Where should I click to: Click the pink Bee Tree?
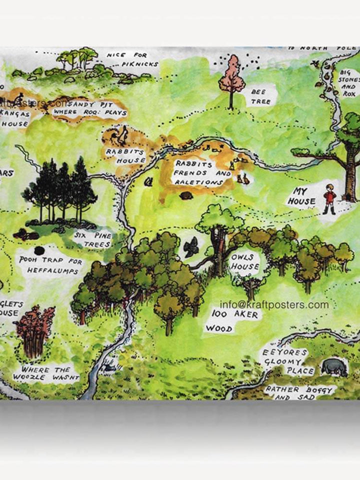click(231, 77)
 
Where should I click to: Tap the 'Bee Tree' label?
click(260, 96)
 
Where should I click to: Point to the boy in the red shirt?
click(328, 198)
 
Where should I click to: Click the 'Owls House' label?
click(245, 261)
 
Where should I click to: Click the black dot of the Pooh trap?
click(39, 250)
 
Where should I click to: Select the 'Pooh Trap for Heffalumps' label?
click(49, 264)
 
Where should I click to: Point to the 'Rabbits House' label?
click(125, 155)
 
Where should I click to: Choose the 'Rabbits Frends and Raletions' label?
click(196, 173)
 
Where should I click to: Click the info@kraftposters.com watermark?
click(274, 305)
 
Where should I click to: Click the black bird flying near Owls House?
click(191, 247)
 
